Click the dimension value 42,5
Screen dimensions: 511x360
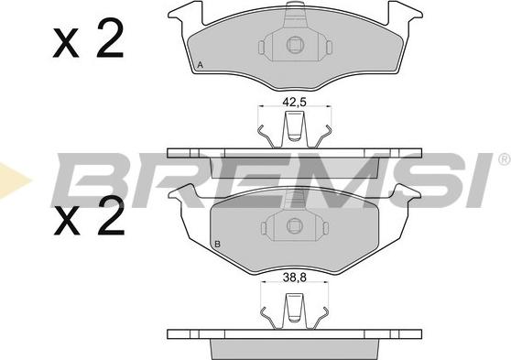[294, 103]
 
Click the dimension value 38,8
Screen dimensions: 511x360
[294, 278]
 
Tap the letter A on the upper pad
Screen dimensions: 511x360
[201, 65]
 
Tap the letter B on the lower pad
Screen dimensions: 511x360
[217, 244]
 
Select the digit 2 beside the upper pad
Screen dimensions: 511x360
[110, 38]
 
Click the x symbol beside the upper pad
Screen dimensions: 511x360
[66, 43]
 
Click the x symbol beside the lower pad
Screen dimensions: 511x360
[67, 221]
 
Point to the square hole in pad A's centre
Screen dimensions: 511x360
[295, 45]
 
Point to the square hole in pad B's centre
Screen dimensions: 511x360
[295, 225]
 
